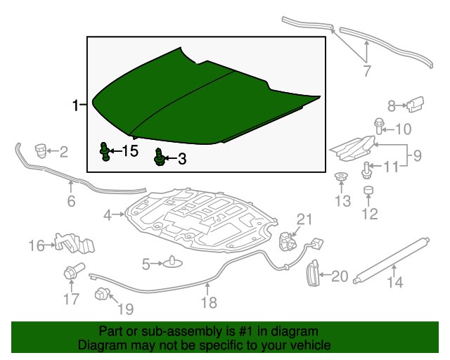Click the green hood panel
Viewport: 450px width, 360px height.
coord(201,103)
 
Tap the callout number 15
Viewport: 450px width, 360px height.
coord(130,150)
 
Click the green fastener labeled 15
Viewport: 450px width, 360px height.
coord(105,151)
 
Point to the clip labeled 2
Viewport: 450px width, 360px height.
coord(41,151)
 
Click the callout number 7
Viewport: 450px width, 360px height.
coord(367,71)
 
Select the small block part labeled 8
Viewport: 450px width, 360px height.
coord(416,104)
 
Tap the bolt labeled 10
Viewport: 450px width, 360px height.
coord(378,126)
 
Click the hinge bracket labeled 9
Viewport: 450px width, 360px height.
coord(354,148)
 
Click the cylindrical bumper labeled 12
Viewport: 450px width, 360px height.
coord(368,190)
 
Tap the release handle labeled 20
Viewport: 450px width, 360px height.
coord(313,273)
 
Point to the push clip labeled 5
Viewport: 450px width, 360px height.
coord(173,262)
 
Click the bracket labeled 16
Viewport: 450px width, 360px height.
coord(74,243)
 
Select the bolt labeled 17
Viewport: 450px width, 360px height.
coord(73,271)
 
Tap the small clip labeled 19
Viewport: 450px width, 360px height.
coord(102,293)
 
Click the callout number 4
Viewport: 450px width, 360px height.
coord(108,215)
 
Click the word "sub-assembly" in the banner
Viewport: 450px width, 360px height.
coord(181,332)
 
